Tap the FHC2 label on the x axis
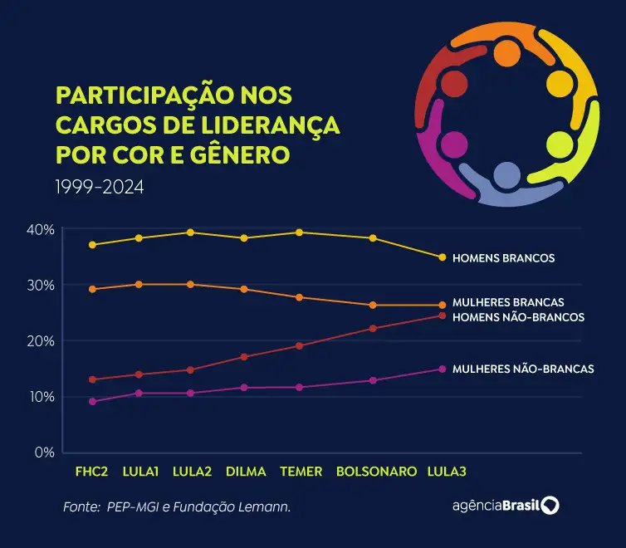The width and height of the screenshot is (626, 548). (x=91, y=472)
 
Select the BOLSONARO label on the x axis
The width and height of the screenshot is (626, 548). (x=376, y=472)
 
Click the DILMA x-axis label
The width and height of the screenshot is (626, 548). (x=246, y=472)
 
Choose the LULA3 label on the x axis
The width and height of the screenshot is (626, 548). (x=447, y=472)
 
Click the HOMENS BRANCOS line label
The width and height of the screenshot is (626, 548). (x=503, y=258)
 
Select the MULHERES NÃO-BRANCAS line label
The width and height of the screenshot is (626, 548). (x=523, y=369)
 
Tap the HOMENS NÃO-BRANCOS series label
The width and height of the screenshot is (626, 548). (x=518, y=317)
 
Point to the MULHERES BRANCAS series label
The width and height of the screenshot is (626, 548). (x=508, y=302)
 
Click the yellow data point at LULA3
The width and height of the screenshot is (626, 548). (x=443, y=257)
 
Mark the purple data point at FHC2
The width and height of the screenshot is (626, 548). (x=92, y=401)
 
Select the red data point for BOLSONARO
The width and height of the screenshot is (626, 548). (x=373, y=329)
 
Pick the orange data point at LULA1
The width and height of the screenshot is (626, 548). (x=139, y=284)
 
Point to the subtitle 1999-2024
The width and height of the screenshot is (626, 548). (x=100, y=188)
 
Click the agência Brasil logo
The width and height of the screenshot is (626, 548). (x=505, y=506)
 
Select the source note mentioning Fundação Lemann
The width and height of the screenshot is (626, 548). (x=177, y=506)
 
